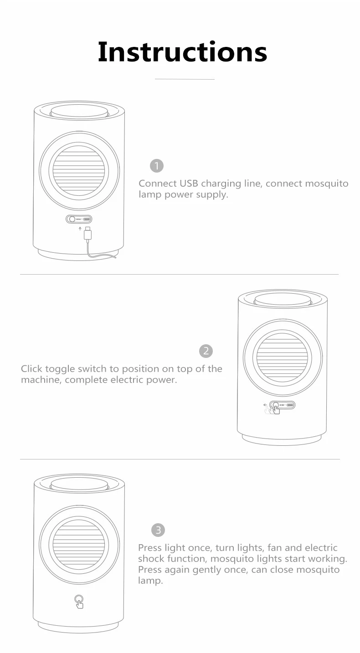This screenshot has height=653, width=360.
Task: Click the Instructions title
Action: [x=182, y=52]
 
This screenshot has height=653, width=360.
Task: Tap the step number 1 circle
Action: [x=156, y=166]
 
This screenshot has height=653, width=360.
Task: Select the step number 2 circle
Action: [x=206, y=351]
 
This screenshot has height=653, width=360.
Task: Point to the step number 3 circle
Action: [x=158, y=530]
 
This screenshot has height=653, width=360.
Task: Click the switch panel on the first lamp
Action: [x=79, y=219]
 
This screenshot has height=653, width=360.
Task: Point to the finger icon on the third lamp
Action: [x=79, y=602]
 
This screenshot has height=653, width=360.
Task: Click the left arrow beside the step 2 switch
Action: [x=265, y=404]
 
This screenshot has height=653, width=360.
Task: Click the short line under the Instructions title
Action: [x=184, y=79]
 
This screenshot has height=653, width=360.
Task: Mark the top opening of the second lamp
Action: [x=283, y=298]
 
